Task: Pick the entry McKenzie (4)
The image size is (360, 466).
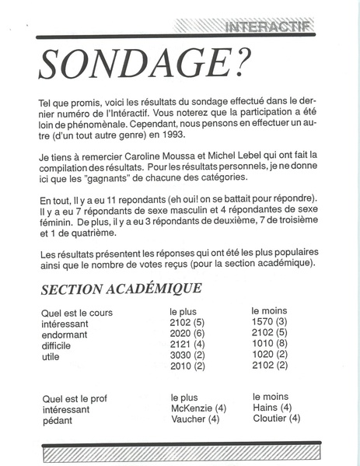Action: coord(197,408)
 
